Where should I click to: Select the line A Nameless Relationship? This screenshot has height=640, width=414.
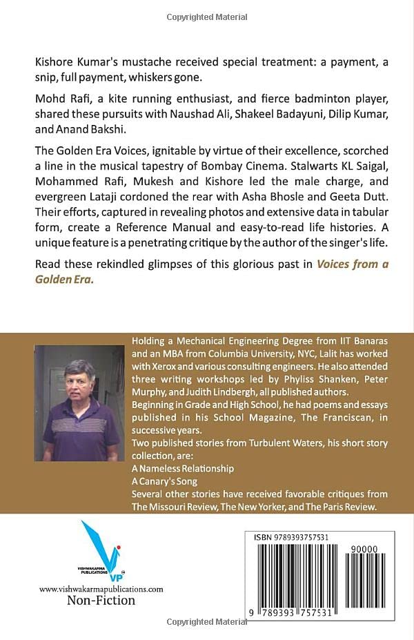coord(183,468)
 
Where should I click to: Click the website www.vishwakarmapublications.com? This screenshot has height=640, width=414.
coord(101,589)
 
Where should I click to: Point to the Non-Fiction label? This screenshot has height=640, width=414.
coord(101,601)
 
